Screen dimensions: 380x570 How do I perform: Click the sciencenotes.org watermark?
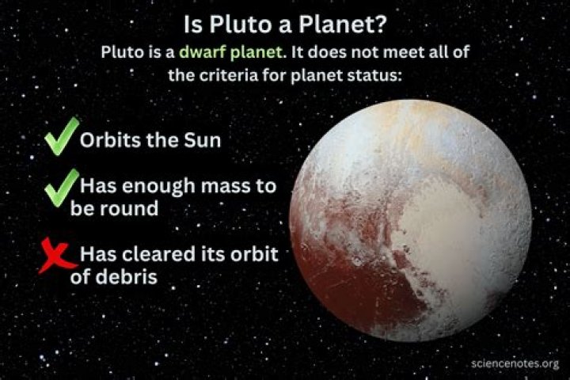pyautogui.click(x=515, y=363)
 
